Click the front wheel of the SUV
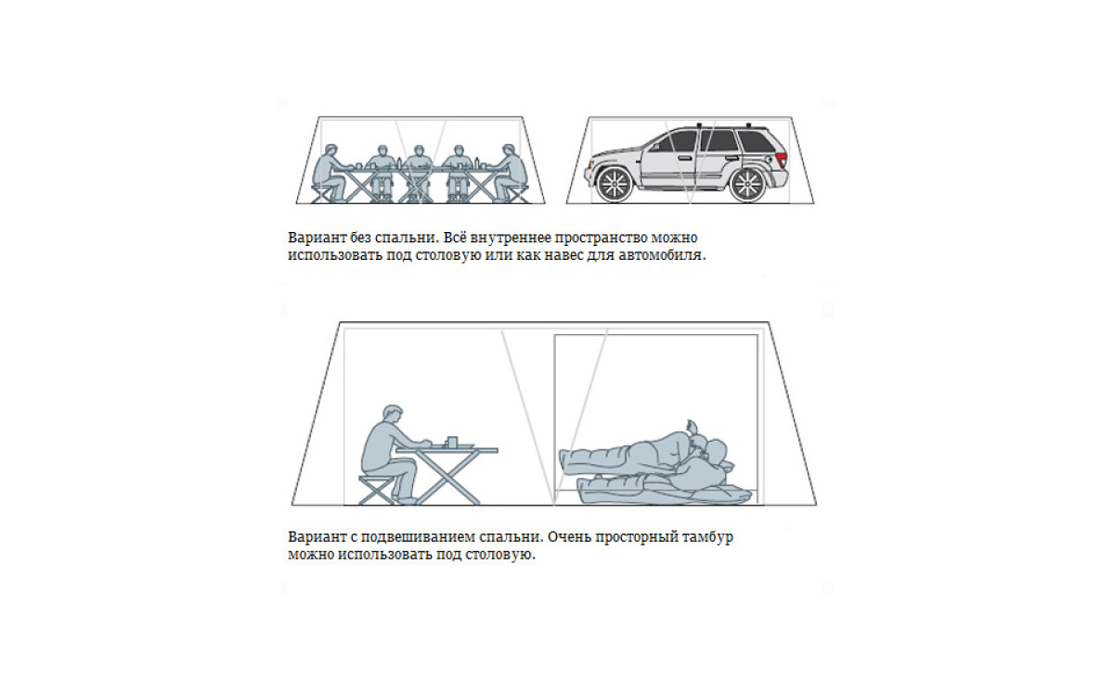(x=615, y=185)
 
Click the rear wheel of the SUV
(x=748, y=185)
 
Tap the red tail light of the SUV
(x=783, y=160)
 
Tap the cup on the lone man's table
(x=452, y=442)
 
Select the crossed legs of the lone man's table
(x=448, y=478)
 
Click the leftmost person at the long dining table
(x=329, y=174)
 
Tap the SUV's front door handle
(x=684, y=159)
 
